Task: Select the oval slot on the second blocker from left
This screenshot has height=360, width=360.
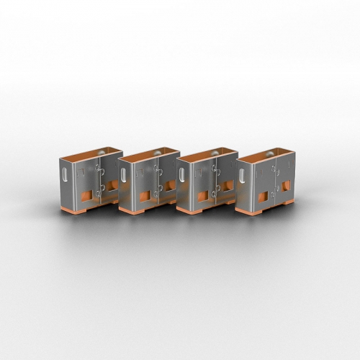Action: [x=125, y=175]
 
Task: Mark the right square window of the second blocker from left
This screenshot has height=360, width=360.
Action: [x=166, y=189]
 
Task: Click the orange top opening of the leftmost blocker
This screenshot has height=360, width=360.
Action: [x=85, y=154]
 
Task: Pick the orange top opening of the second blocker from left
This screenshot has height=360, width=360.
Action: [x=145, y=155]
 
